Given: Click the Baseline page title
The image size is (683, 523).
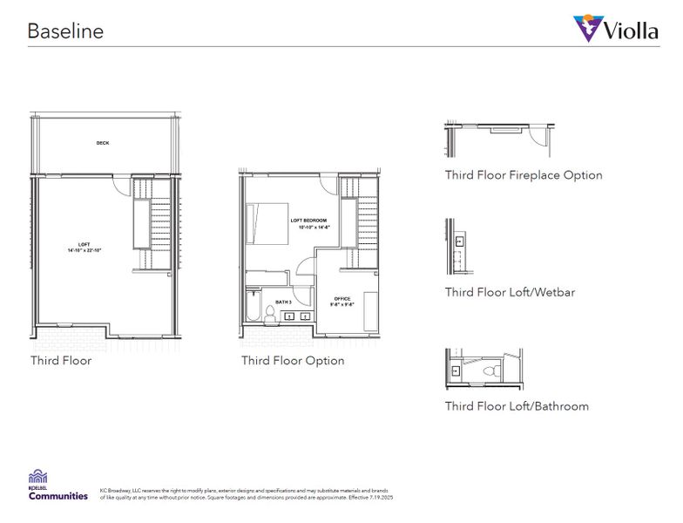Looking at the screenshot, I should pyautogui.click(x=65, y=31).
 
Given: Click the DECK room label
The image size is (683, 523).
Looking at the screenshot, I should pyautogui.click(x=103, y=143).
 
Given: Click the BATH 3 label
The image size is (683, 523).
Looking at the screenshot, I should pyautogui.click(x=283, y=302).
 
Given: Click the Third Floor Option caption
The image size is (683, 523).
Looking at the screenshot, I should pyautogui.click(x=293, y=361).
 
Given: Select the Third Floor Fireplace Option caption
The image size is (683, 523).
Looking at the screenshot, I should pyautogui.click(x=524, y=175).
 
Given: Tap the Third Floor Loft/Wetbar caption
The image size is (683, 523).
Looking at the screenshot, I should pyautogui.click(x=510, y=292).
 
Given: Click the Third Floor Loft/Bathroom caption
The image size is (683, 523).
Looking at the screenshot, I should pyautogui.click(x=517, y=406).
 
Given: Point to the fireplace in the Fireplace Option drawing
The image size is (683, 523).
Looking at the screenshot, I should pyautogui.click(x=504, y=131).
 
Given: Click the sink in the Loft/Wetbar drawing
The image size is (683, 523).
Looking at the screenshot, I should pyautogui.click(x=458, y=240).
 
